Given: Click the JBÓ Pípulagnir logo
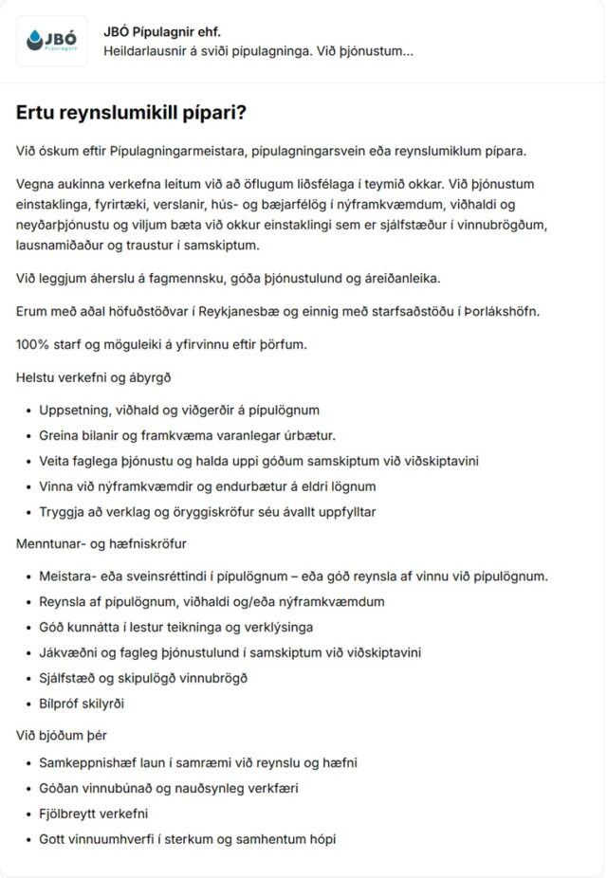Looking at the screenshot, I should (x=52, y=41).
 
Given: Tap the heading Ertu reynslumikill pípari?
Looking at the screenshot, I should (x=131, y=112).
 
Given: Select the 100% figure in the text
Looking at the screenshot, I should (x=33, y=344).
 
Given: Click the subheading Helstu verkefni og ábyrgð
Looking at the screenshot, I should (x=93, y=376).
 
